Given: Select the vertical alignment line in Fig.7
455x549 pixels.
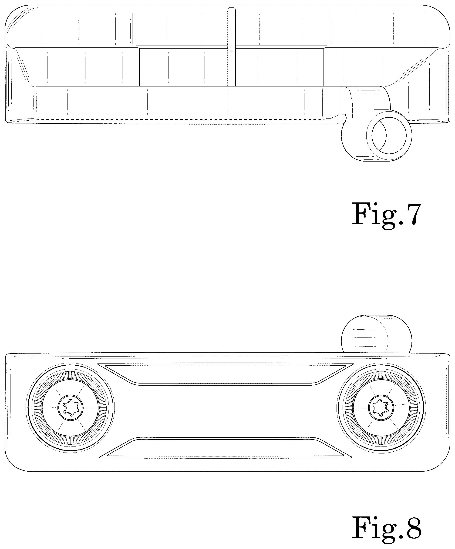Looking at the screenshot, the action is tap(232, 47).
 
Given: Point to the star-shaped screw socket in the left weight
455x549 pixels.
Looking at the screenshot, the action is tap(70, 408).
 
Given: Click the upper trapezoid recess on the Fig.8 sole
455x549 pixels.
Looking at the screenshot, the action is tap(225, 374).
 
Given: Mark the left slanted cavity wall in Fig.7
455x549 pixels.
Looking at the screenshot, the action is tap(24, 67).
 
